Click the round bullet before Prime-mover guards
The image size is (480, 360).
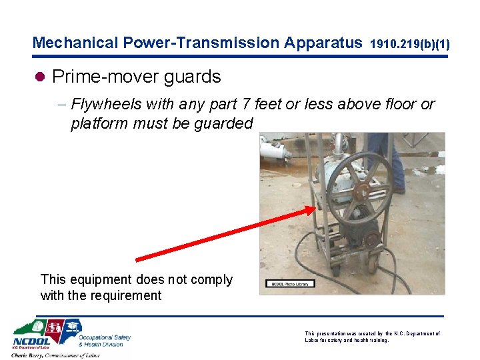[x=41, y=77]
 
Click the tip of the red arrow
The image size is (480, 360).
[x=314, y=209]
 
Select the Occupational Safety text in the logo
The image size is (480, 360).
[x=105, y=338]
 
